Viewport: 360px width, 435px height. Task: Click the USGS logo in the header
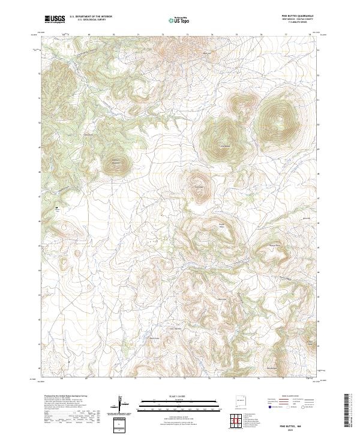tap(55, 19)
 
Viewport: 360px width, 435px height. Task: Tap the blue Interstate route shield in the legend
tap(269, 406)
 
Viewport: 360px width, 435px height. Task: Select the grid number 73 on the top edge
tap(187, 35)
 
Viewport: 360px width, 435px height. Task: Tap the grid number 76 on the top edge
tap(262, 35)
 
